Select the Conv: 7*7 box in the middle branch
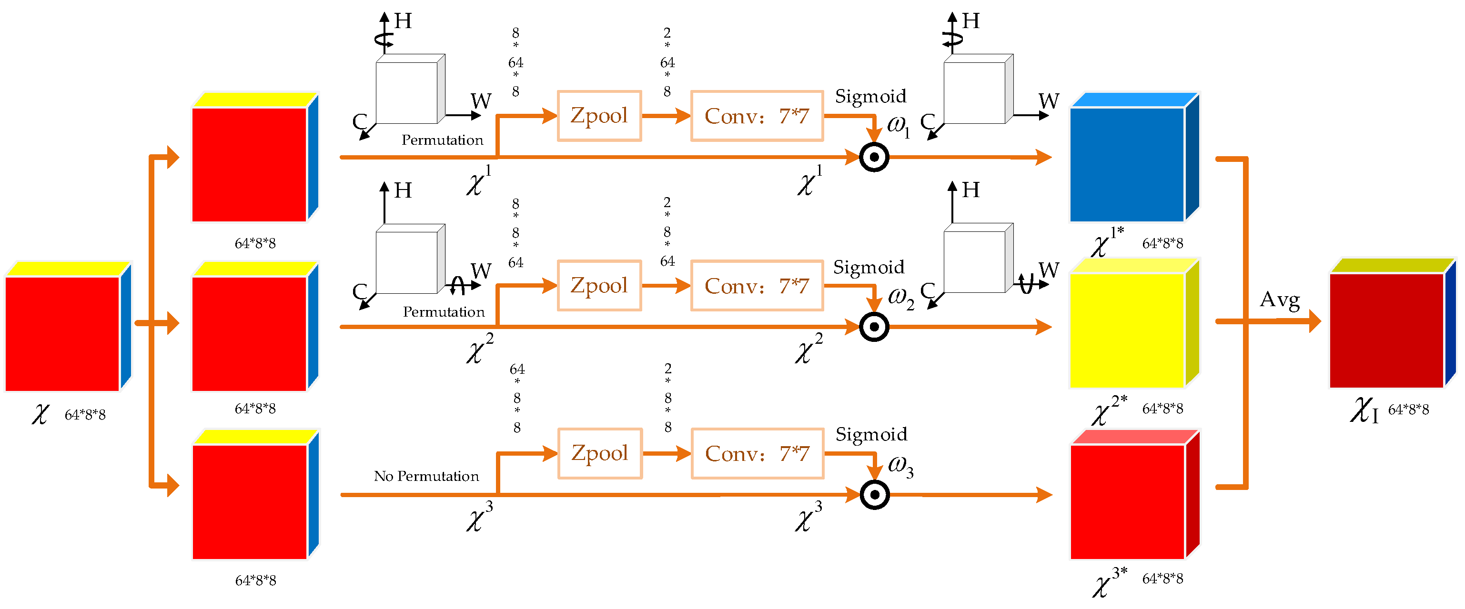(757, 285)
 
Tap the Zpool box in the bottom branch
(600, 453)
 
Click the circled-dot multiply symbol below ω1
(874, 157)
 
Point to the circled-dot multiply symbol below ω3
(875, 495)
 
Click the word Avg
(1280, 300)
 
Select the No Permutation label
(426, 476)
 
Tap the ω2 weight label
(901, 297)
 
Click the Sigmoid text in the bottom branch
(871, 434)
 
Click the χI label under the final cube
(1364, 410)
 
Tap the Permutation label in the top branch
(442, 140)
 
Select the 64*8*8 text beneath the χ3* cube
(1162, 579)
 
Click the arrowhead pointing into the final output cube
(1313, 321)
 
